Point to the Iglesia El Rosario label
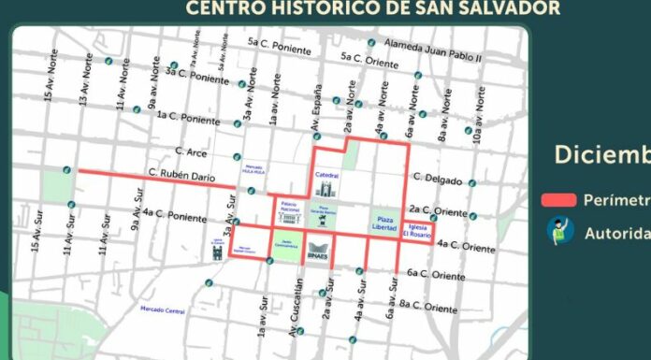(418, 230)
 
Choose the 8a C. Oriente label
(428, 307)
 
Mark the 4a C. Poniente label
(176, 218)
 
